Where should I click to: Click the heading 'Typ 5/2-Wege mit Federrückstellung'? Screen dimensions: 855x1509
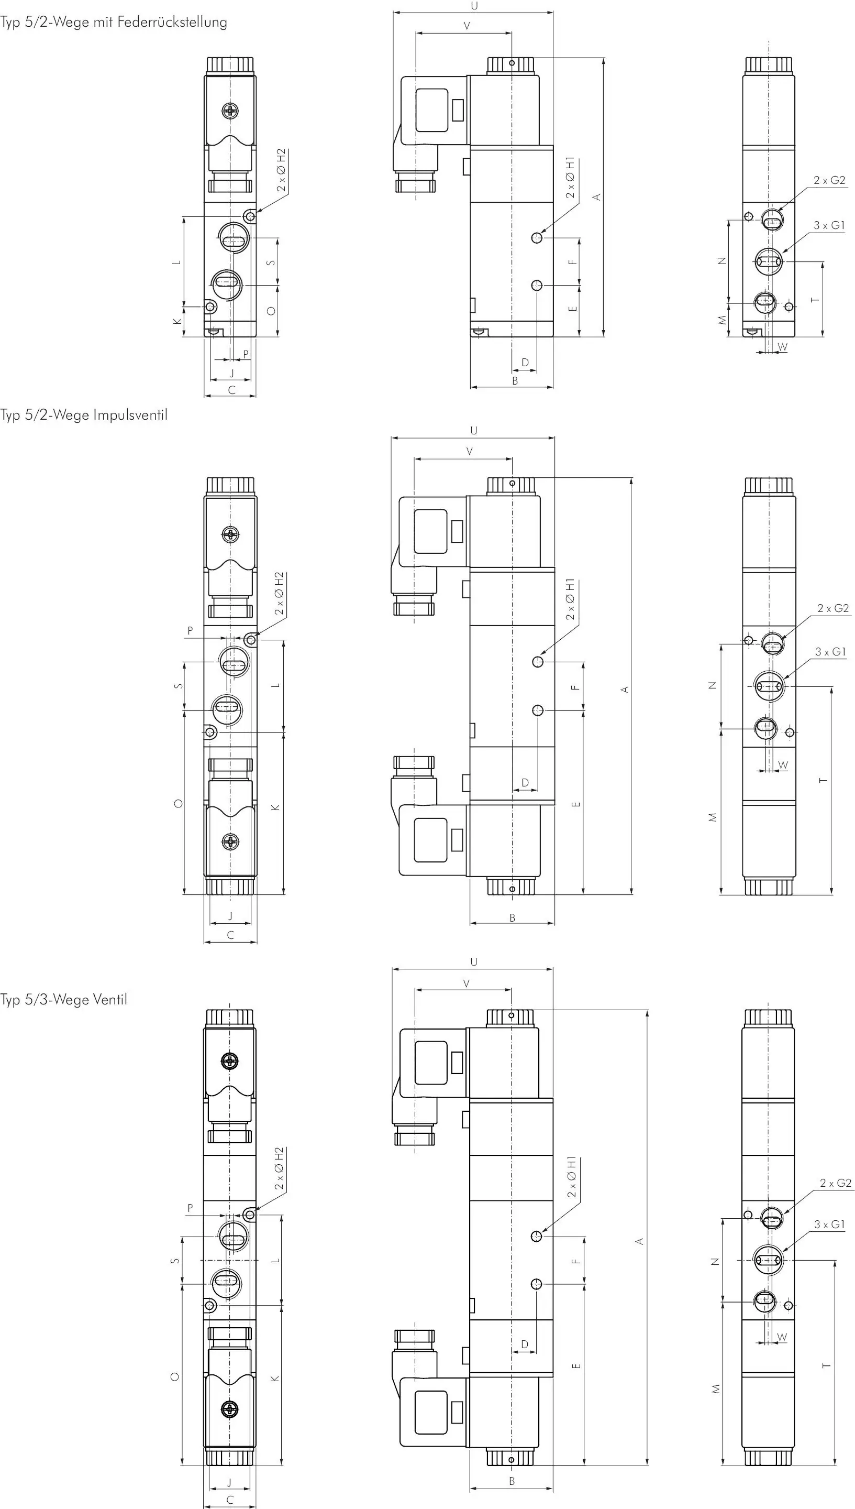tap(113, 23)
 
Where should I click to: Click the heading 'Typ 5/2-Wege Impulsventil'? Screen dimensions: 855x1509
tap(84, 415)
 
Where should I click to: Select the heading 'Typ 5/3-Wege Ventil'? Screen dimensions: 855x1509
tap(63, 1000)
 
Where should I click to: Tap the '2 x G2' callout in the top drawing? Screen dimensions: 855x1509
tap(829, 180)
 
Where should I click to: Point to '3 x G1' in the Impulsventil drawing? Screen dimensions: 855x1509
tap(830, 652)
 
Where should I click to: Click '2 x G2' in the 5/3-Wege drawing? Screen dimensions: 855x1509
tap(836, 1183)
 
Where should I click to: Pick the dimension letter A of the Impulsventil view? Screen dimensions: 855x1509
tap(625, 690)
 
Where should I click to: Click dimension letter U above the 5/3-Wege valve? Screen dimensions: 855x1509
tap(474, 963)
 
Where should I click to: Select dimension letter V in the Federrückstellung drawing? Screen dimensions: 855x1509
tap(467, 26)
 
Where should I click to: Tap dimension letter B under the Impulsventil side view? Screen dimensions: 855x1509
tap(512, 918)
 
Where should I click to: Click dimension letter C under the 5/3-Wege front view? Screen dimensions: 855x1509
tap(230, 1500)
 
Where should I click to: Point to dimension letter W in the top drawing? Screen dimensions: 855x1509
tap(783, 347)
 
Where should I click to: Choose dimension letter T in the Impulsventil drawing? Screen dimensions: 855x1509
tap(823, 780)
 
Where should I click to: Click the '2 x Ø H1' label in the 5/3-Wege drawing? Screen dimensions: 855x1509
tap(571, 1177)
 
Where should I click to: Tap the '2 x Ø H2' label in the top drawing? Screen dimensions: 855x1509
tap(281, 170)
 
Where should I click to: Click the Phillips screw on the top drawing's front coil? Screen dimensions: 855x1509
tap(231, 110)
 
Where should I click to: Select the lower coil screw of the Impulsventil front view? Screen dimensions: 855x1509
tap(231, 841)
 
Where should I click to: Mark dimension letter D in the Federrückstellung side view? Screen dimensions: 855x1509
tap(525, 363)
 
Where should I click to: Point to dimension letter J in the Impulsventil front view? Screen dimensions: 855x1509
tap(230, 915)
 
